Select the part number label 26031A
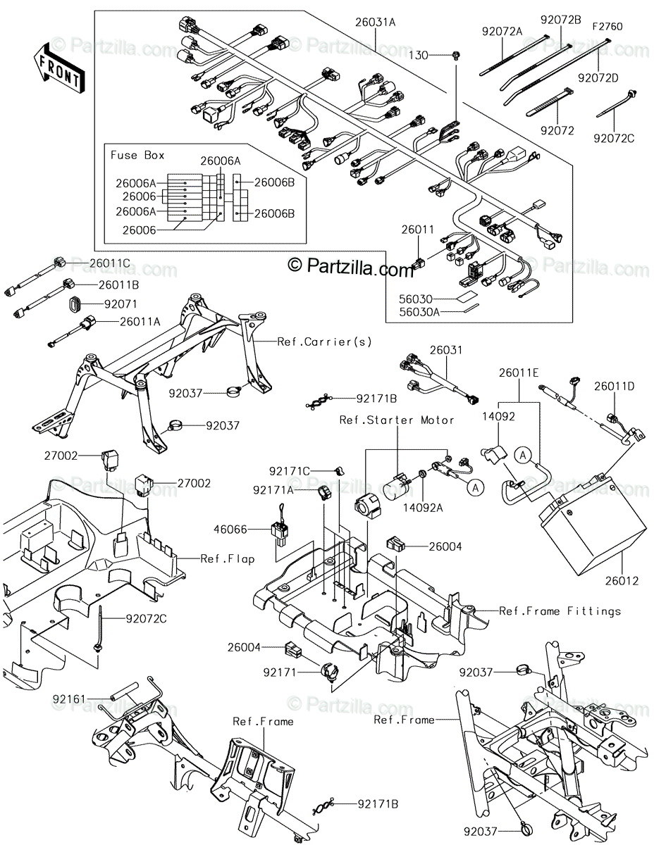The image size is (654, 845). point(375,22)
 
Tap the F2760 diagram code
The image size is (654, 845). point(607,27)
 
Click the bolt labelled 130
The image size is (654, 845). point(456,56)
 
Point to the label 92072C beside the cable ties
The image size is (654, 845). point(614,138)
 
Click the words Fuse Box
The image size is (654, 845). point(137,155)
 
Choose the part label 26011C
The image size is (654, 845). point(109,263)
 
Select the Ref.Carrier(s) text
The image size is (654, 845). point(324,342)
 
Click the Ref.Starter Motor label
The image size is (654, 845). point(397,420)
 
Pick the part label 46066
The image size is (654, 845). point(230,530)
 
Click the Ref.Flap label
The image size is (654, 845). point(228,559)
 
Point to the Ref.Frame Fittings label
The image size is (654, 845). point(560,611)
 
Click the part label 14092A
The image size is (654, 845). point(423,508)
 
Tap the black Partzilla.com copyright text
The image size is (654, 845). point(350,267)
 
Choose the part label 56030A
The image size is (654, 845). point(419,311)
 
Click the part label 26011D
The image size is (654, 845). point(615,386)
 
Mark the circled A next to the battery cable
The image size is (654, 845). point(523,455)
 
